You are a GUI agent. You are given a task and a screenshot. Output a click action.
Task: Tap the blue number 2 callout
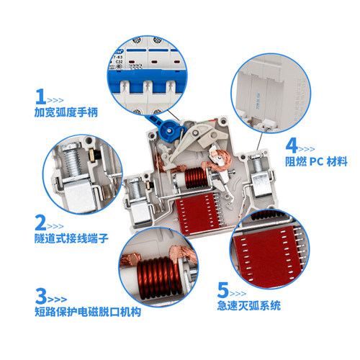coord(40,221)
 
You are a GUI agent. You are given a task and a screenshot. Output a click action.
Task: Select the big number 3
coord(40,295)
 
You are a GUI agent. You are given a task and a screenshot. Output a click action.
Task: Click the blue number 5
coord(224,290)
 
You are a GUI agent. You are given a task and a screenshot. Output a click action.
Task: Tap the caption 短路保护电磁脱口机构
coord(87,313)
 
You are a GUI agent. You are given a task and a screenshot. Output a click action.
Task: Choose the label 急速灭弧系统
coord(250,307)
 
